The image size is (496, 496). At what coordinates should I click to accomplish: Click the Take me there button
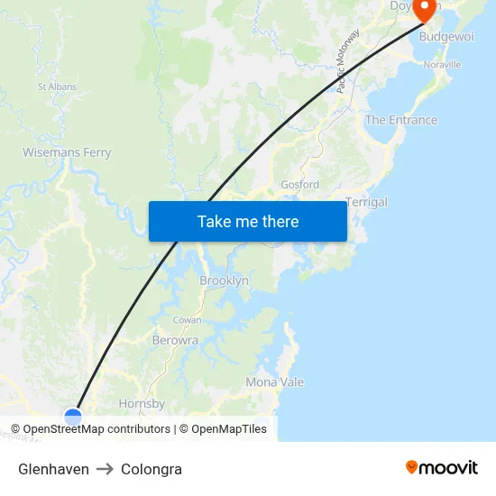(x=248, y=221)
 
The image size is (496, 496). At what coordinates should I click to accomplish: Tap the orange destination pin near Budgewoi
(x=425, y=9)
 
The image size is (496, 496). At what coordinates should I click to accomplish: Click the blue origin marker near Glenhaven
(x=73, y=416)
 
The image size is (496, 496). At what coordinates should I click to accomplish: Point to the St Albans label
(x=56, y=87)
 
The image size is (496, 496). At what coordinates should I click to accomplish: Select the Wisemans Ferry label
(x=67, y=152)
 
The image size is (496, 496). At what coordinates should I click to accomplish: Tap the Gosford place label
(x=299, y=185)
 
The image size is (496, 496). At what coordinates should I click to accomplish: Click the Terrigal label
(x=366, y=202)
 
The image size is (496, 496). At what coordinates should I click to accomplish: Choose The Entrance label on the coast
(x=400, y=120)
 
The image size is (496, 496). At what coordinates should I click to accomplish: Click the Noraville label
(x=441, y=65)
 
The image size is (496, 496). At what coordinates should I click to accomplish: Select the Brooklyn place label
(x=224, y=281)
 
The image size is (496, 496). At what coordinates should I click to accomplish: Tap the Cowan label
(x=187, y=320)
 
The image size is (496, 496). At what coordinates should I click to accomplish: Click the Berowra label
(x=175, y=340)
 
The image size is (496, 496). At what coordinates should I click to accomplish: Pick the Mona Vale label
(x=275, y=382)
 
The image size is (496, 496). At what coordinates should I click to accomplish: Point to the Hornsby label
(x=142, y=404)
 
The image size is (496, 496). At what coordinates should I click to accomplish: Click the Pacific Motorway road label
(x=348, y=61)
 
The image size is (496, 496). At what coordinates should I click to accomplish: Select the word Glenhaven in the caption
(x=53, y=469)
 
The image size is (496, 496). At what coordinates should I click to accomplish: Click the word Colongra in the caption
(x=152, y=469)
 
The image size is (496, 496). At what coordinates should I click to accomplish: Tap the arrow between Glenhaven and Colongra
(x=105, y=469)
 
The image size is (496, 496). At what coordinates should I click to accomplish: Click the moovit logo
(x=442, y=467)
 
